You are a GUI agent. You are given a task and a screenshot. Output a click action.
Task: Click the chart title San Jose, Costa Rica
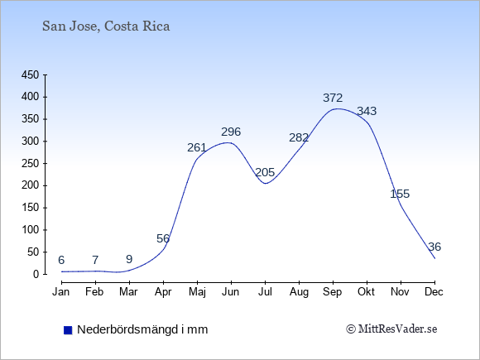106,26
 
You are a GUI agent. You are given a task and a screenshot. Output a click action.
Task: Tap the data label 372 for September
333,98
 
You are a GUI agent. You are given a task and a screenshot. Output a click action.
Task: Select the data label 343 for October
367,111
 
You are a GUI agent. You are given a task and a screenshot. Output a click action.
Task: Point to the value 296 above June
231,132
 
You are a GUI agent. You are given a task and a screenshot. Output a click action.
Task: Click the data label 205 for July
265,173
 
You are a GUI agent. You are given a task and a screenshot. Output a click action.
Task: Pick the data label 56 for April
163,238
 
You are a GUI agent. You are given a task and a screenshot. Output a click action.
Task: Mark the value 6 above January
61,260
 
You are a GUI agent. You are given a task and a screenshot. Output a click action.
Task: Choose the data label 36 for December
434,247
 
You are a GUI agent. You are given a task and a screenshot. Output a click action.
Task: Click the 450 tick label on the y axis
31,75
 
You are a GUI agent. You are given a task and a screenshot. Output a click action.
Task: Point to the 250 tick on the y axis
31,164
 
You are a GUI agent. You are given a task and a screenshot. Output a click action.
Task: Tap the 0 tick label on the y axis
36,274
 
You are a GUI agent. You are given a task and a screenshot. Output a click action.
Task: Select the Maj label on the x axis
197,292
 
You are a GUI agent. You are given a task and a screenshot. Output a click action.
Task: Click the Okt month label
366,292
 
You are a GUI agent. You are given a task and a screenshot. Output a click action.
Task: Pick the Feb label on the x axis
94,292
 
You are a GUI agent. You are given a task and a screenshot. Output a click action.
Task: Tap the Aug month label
299,292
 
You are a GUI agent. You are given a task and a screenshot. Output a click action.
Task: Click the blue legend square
68,330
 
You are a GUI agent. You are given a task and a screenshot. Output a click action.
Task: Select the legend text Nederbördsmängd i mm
142,329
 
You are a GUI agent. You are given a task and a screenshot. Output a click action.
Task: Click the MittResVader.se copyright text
391,329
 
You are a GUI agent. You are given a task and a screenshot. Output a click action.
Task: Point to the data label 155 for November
400,194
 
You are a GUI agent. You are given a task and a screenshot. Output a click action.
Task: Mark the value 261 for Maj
197,148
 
